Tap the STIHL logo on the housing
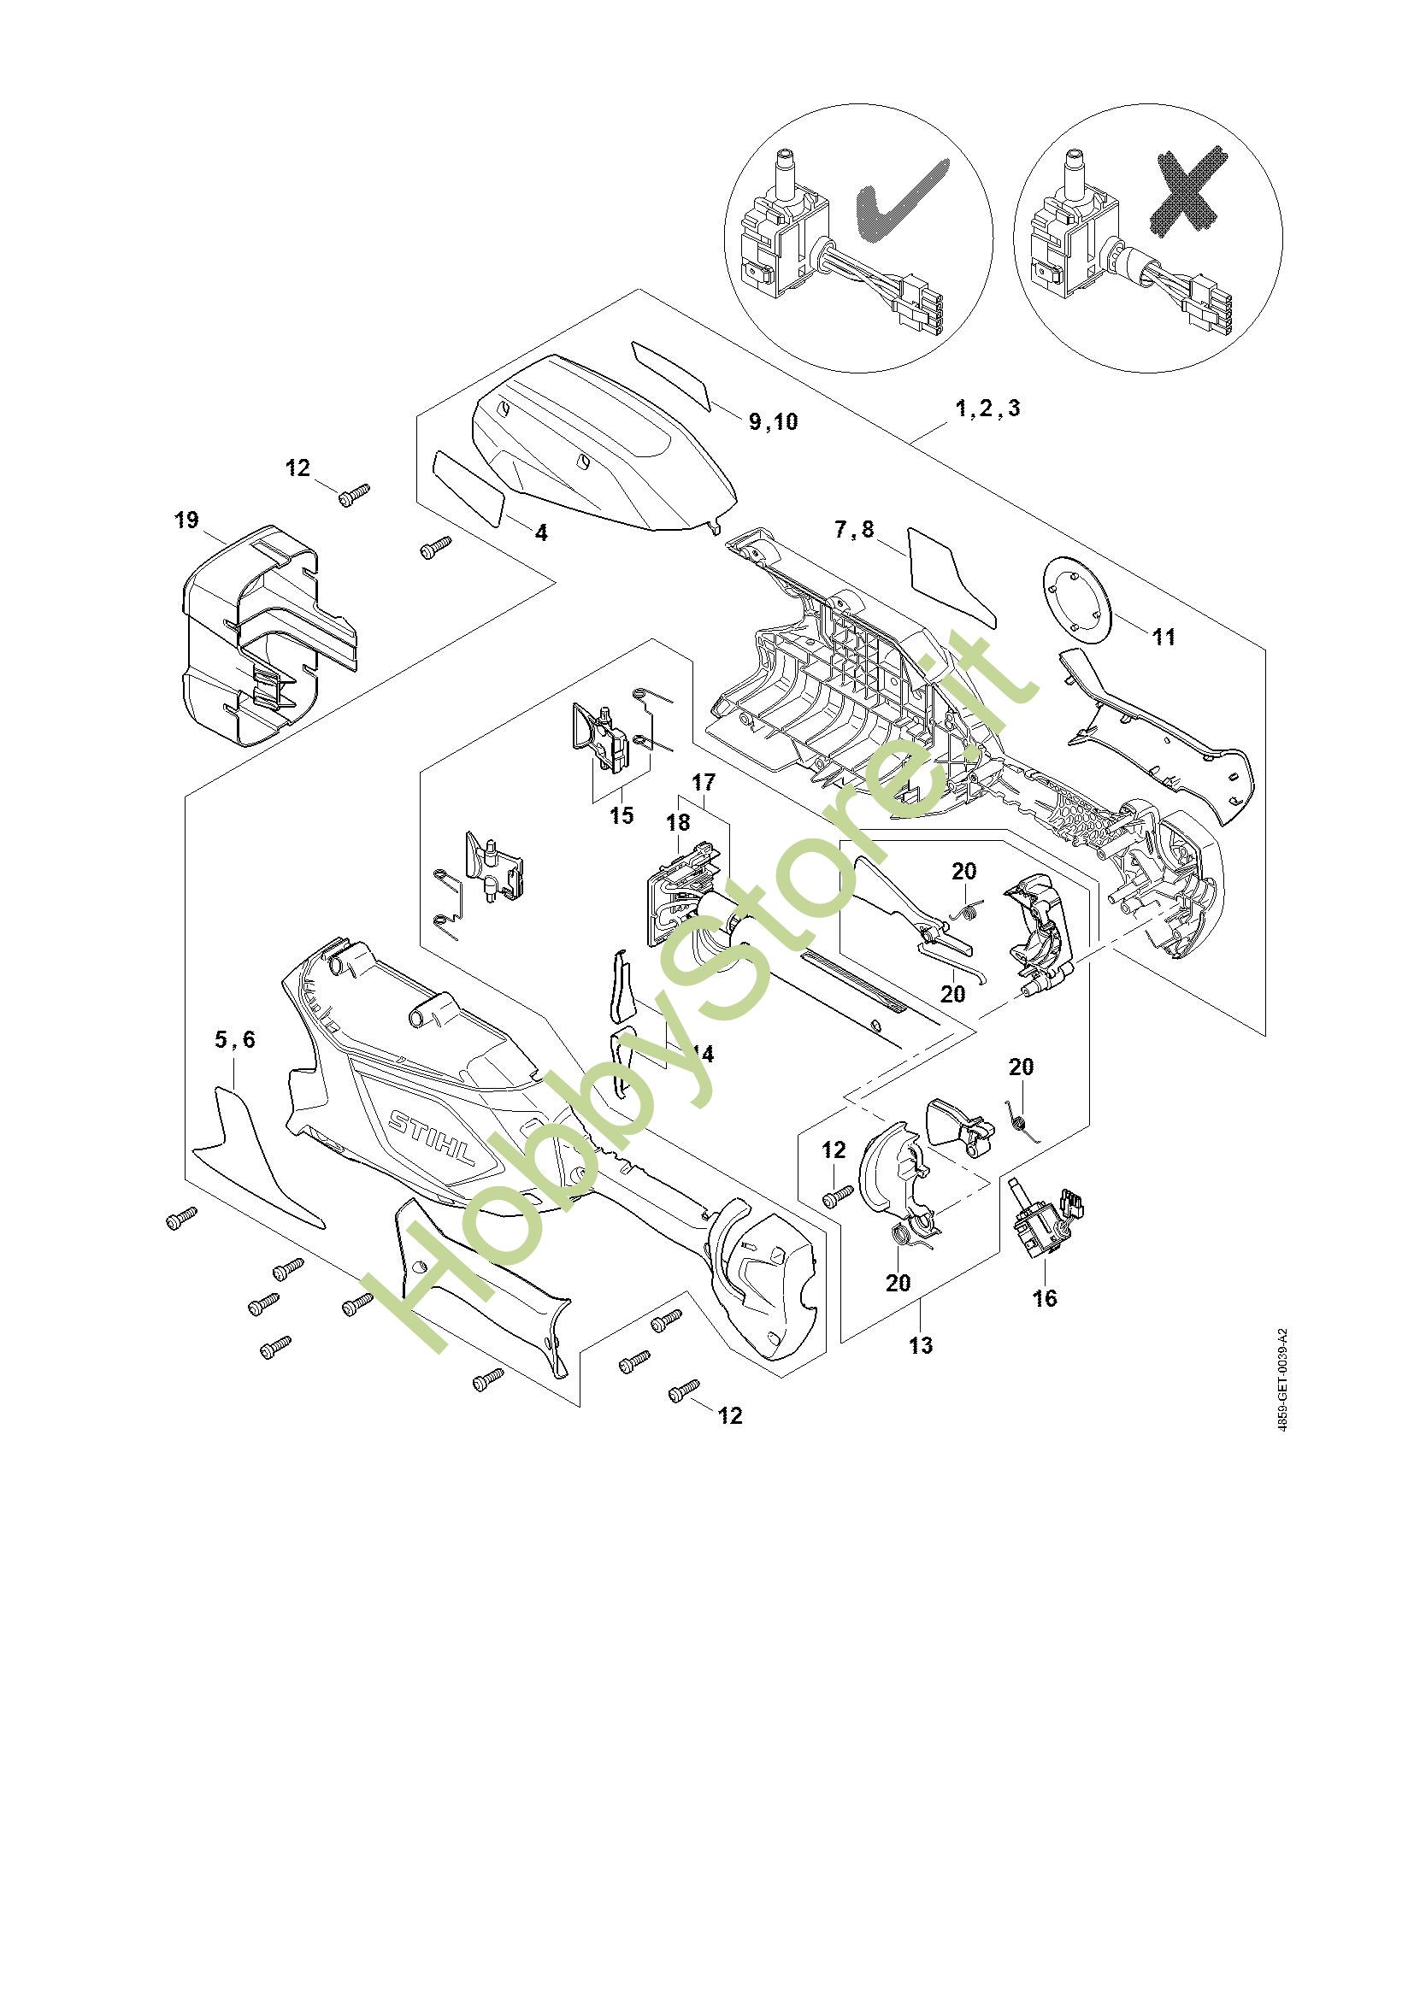click(x=432, y=1142)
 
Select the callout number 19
click(x=186, y=520)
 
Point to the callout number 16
click(x=1044, y=1322)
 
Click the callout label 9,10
click(x=773, y=422)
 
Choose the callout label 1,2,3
click(x=988, y=408)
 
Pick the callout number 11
click(x=1164, y=637)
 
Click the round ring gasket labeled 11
click(x=1080, y=600)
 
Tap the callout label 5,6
click(x=235, y=1039)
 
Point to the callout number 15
click(x=622, y=816)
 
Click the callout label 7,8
click(x=854, y=529)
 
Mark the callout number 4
click(x=541, y=532)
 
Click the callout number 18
click(x=677, y=822)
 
